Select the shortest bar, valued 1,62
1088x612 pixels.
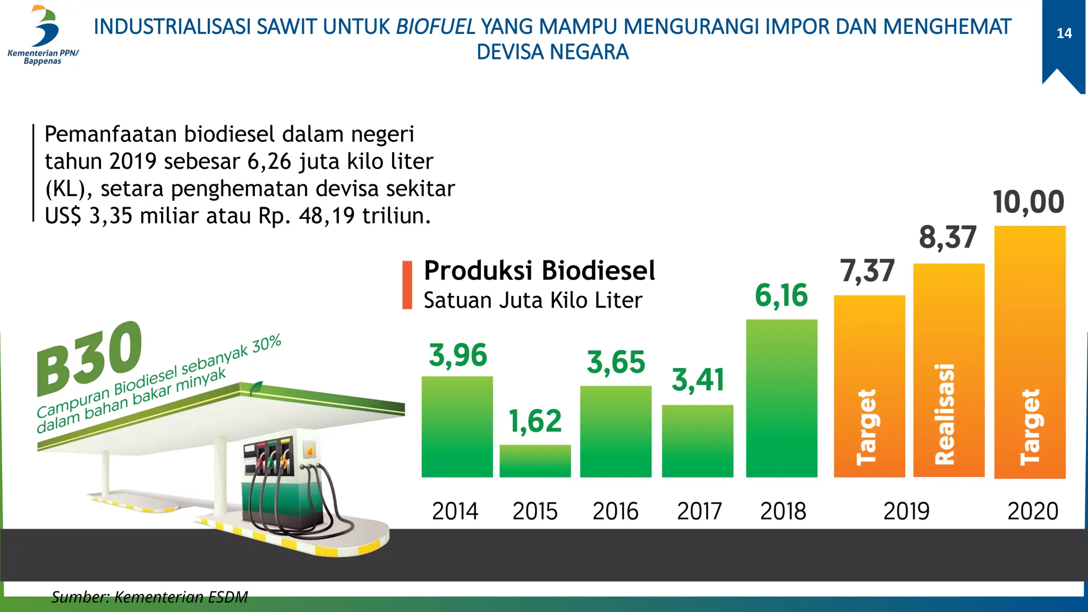[535, 461]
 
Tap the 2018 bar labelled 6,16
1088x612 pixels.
[781, 398]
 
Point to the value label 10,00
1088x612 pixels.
[1028, 202]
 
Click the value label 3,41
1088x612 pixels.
[698, 380]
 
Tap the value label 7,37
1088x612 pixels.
[868, 271]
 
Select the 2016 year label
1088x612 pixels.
[615, 511]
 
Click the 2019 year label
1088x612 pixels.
[906, 511]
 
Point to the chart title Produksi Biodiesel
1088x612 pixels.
[539, 270]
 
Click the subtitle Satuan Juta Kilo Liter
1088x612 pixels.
[533, 301]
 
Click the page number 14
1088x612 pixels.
[1064, 33]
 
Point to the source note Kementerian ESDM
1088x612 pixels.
[149, 597]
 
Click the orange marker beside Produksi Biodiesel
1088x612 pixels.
[407, 285]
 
